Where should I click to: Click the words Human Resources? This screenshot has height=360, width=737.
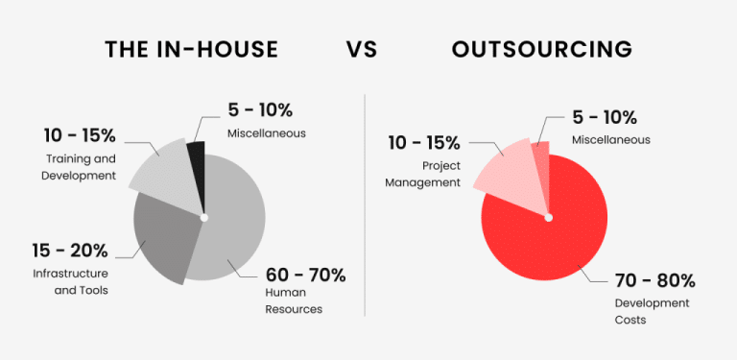[293, 302]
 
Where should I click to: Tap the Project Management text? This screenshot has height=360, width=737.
[425, 173]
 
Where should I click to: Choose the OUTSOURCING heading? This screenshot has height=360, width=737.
[541, 49]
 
